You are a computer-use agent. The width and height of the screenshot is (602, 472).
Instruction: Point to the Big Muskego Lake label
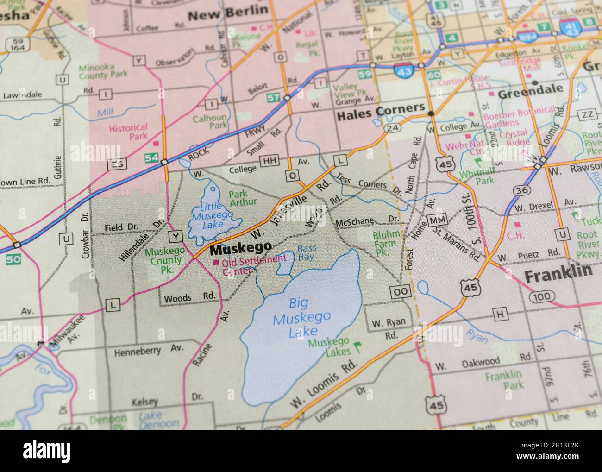(303, 317)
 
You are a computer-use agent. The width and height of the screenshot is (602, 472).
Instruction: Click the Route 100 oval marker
(541, 296)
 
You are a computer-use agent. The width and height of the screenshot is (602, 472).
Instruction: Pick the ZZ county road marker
(588, 114)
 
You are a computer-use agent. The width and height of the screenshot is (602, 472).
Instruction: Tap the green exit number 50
(13, 259)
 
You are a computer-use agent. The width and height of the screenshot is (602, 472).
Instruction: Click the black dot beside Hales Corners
(431, 113)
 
